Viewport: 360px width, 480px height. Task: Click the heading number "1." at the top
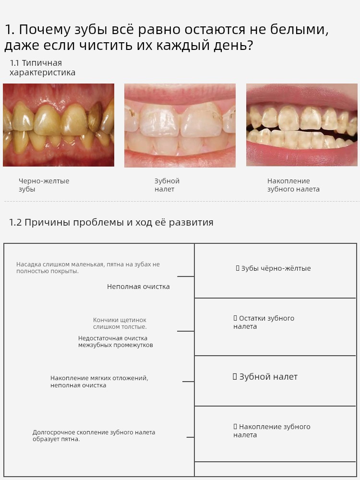coord(9,30)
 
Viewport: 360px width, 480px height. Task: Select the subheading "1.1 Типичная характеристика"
coord(42,68)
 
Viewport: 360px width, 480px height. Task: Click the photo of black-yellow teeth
coord(59,125)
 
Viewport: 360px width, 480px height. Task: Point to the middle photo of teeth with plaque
coord(180,125)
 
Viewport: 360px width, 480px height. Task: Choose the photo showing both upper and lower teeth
coord(301,125)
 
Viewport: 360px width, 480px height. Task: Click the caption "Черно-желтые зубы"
coord(44,185)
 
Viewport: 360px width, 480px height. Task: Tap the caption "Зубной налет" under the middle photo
coord(167,185)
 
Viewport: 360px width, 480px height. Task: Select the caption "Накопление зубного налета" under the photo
coord(293,185)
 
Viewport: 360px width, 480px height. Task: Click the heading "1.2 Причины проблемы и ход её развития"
coord(111,222)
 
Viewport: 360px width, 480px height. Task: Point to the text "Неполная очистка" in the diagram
coord(138,287)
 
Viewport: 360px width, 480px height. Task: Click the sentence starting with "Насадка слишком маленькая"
coord(88,268)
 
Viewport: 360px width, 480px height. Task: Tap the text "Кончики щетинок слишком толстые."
coord(120,324)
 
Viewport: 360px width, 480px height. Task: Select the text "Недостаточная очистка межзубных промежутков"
coord(116,342)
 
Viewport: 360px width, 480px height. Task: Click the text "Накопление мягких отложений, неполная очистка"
coord(99,382)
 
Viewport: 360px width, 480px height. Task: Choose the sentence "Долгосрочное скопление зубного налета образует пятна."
coord(94,436)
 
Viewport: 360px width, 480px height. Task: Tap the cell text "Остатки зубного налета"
coord(266,322)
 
